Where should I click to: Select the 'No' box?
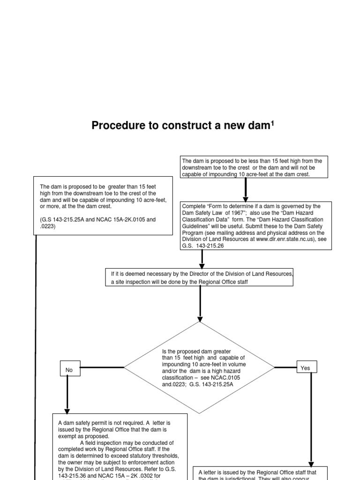pyautogui.click(x=69, y=369)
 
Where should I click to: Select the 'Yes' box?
pyautogui.click(x=306, y=367)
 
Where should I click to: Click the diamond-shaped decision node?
pyautogui.click(x=199, y=368)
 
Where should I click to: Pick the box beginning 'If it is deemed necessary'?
pyautogui.click(x=200, y=277)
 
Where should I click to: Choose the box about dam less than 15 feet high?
pyautogui.click(x=254, y=167)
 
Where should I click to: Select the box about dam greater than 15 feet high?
pyautogui.click(x=100, y=205)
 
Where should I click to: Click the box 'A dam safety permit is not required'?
pyautogui.click(x=120, y=445)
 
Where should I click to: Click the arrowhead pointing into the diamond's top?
pyautogui.click(x=200, y=319)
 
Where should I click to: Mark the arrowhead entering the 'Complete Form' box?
pyautogui.click(x=245, y=199)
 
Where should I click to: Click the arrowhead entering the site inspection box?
pyautogui.click(x=202, y=266)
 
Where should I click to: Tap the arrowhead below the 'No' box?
pyautogui.click(x=67, y=410)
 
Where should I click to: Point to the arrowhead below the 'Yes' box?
pyautogui.click(x=311, y=462)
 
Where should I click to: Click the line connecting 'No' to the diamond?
pyautogui.click(x=101, y=367)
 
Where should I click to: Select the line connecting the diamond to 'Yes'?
pyautogui.click(x=286, y=367)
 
